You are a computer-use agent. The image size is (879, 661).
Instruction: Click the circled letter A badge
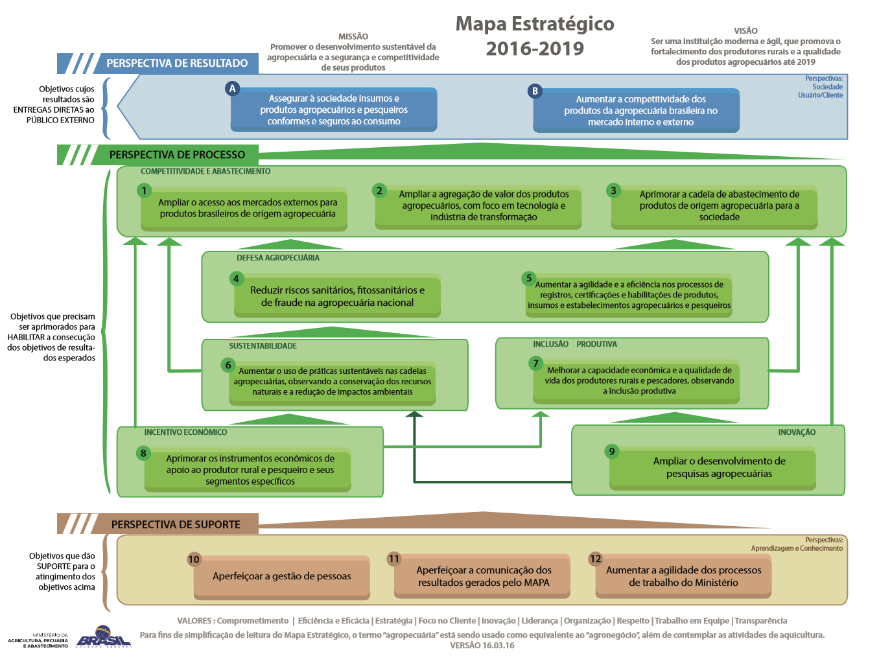coord(233,89)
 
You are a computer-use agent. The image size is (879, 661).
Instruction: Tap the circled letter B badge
coord(535,91)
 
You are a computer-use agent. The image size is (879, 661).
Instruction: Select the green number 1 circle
coord(145,191)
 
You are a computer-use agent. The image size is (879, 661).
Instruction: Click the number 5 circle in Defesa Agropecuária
coord(529,278)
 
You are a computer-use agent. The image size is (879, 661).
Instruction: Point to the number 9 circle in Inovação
coord(611,451)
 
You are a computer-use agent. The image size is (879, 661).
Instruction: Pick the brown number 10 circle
coord(194,559)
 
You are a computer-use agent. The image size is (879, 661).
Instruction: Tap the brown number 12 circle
coord(595,559)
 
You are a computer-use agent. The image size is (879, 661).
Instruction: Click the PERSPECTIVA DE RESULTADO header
coord(177,64)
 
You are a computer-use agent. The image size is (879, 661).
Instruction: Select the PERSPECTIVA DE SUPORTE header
coord(176,524)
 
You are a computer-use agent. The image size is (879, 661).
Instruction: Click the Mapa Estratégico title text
coord(535,24)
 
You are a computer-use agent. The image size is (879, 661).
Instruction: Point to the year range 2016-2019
coord(535,49)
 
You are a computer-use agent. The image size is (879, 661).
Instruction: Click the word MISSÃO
coord(353,36)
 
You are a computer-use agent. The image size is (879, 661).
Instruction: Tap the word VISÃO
coord(745,30)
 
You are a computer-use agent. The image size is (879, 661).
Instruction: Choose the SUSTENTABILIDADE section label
coord(263,346)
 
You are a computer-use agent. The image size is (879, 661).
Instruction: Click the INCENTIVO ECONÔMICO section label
coord(185,432)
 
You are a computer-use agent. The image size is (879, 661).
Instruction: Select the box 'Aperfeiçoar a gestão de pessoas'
coord(282,576)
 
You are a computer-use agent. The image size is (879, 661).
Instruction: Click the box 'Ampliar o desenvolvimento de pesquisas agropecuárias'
coord(719,468)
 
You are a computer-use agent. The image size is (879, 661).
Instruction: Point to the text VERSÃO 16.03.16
coord(482,645)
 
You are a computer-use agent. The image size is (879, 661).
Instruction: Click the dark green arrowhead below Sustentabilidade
coord(414,414)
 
